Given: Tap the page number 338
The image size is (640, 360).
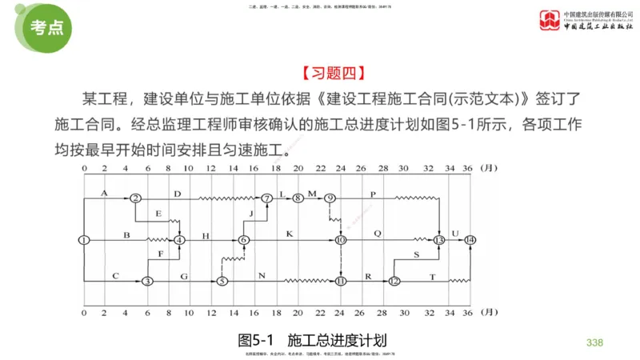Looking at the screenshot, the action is (594, 342).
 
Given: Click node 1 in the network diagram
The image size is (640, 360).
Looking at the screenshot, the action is (83, 239).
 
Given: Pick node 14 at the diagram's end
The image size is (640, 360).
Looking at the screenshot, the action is (470, 239).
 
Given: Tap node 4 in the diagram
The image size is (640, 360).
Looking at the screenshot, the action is (179, 239).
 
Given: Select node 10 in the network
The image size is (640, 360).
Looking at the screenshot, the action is (341, 239).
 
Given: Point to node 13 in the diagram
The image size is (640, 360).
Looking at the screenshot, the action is (438, 239).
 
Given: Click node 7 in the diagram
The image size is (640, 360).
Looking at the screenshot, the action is (267, 198).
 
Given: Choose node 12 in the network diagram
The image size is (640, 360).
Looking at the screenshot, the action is (394, 281).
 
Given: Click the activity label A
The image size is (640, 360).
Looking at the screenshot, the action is (105, 193).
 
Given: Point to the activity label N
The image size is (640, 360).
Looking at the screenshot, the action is (262, 275).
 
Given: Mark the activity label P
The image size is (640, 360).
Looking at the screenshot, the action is (373, 193).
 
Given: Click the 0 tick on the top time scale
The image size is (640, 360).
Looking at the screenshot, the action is (83, 169).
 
